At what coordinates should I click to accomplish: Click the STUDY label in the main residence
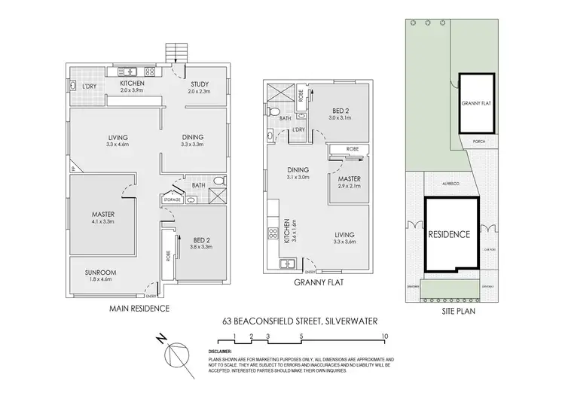click(x=199, y=84)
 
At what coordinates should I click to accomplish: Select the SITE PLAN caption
click(x=457, y=309)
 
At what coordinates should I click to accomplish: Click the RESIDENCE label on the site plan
click(x=449, y=234)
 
